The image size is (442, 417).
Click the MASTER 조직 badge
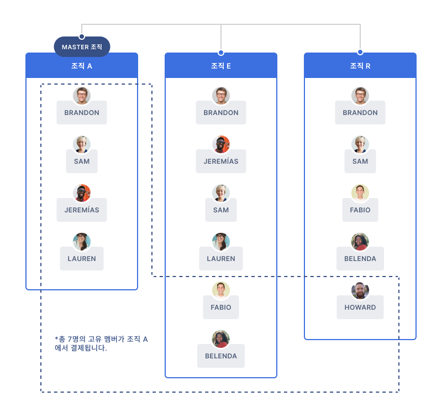pos(82,47)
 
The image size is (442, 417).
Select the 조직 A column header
pos(82,65)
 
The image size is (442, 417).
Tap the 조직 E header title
pos(221,66)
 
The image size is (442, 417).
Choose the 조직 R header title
pos(360,66)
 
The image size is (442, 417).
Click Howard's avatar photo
pos(360,290)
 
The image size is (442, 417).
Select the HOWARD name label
pos(360,307)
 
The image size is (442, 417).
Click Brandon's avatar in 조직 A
pos(82,96)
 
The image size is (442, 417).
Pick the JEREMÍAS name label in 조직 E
pos(221,161)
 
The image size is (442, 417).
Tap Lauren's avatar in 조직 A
pos(82,242)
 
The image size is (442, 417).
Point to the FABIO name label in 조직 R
pos(360,210)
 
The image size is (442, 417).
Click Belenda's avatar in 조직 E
pos(221,339)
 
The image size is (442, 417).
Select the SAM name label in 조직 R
pos(360,161)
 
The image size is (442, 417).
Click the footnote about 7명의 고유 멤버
pos(101,343)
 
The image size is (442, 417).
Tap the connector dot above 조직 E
pos(221,53)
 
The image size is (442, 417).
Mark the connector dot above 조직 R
pos(360,52)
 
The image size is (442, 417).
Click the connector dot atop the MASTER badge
pos(82,37)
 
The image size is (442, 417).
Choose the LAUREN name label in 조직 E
pos(221,258)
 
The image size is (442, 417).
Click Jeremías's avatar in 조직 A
pos(82,193)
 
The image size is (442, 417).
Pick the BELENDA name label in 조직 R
pos(360,258)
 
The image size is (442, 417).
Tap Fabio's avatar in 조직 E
pos(221,290)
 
